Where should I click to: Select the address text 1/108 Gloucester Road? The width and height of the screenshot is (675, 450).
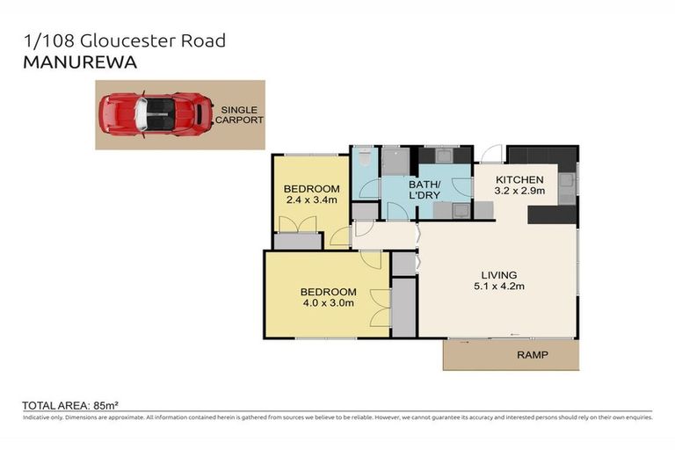pos(124,40)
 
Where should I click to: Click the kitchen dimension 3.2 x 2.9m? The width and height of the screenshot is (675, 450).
pos(519,190)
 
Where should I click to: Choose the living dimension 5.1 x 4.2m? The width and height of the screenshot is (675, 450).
pos(498,286)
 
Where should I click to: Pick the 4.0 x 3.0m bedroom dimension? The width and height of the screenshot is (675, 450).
pos(328,304)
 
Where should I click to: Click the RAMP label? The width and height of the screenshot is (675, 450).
pos(532,356)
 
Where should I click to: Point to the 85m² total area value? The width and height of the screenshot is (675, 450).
pos(105,405)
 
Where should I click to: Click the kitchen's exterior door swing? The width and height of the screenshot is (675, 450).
pos(489,154)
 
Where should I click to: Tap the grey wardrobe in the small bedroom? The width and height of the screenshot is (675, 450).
pos(297,241)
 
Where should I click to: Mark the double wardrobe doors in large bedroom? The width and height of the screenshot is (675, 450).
pos(379,308)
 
